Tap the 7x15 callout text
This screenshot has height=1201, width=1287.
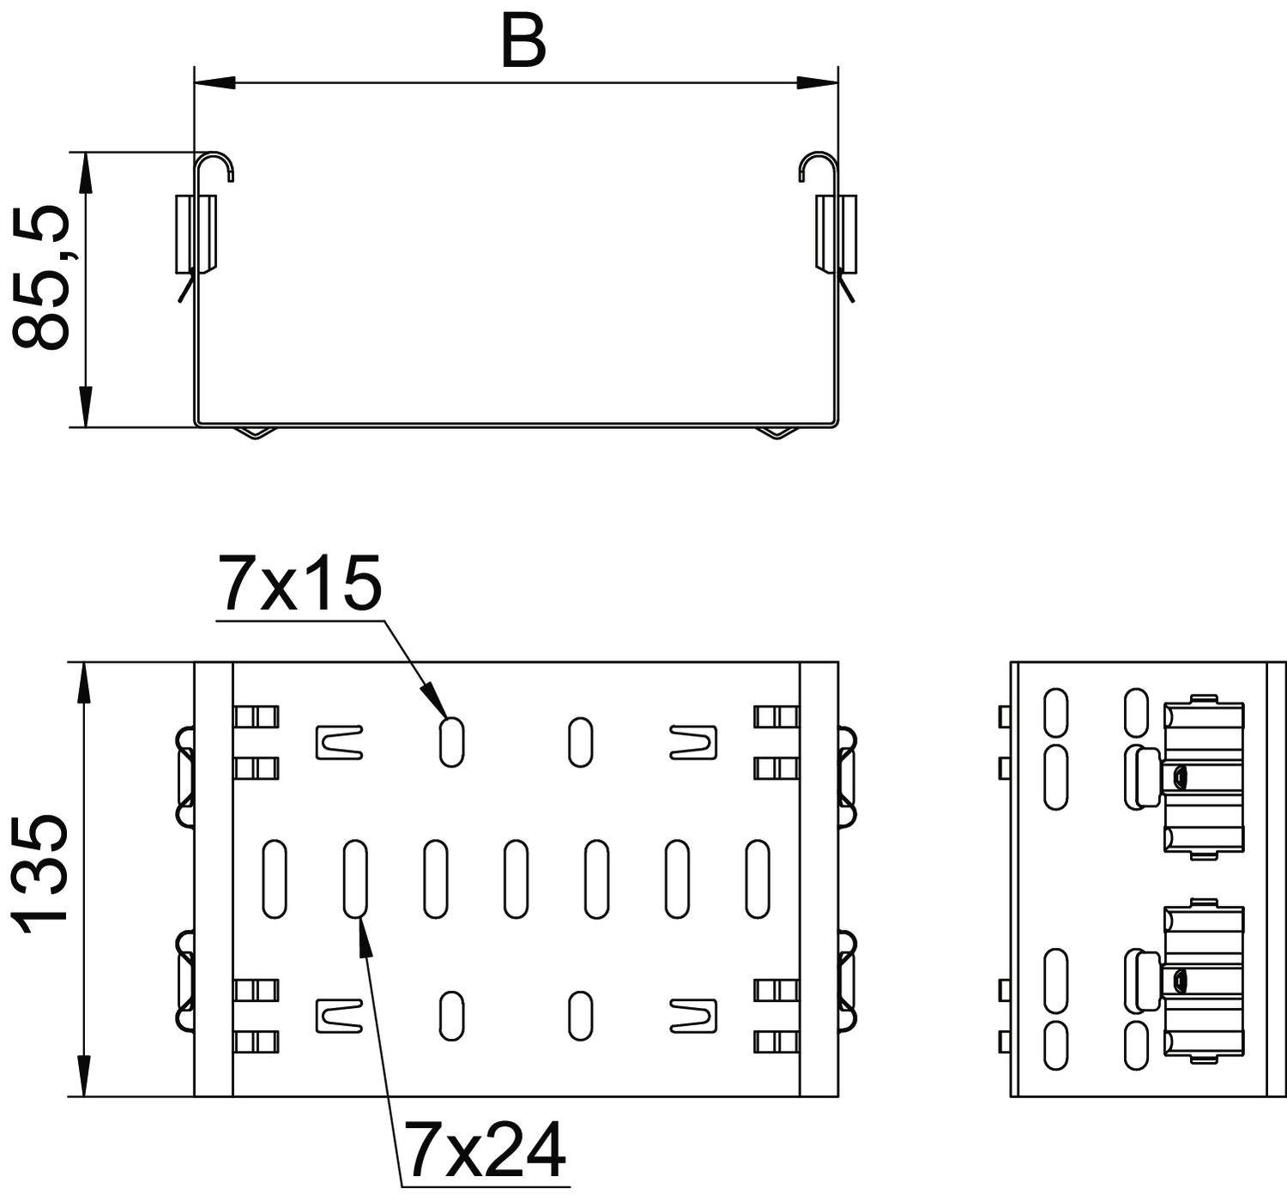click(299, 582)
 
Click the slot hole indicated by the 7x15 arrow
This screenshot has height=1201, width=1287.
click(451, 741)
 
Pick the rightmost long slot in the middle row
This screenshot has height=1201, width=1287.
click(758, 878)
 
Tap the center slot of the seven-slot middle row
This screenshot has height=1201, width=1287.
click(516, 878)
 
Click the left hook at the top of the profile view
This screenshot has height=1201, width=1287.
click(214, 166)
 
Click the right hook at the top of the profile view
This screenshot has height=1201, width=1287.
click(818, 166)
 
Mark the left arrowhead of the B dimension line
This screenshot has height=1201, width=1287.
click(214, 83)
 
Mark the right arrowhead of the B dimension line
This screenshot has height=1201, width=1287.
click(817, 83)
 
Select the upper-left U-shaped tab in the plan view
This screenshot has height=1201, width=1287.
click(340, 742)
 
